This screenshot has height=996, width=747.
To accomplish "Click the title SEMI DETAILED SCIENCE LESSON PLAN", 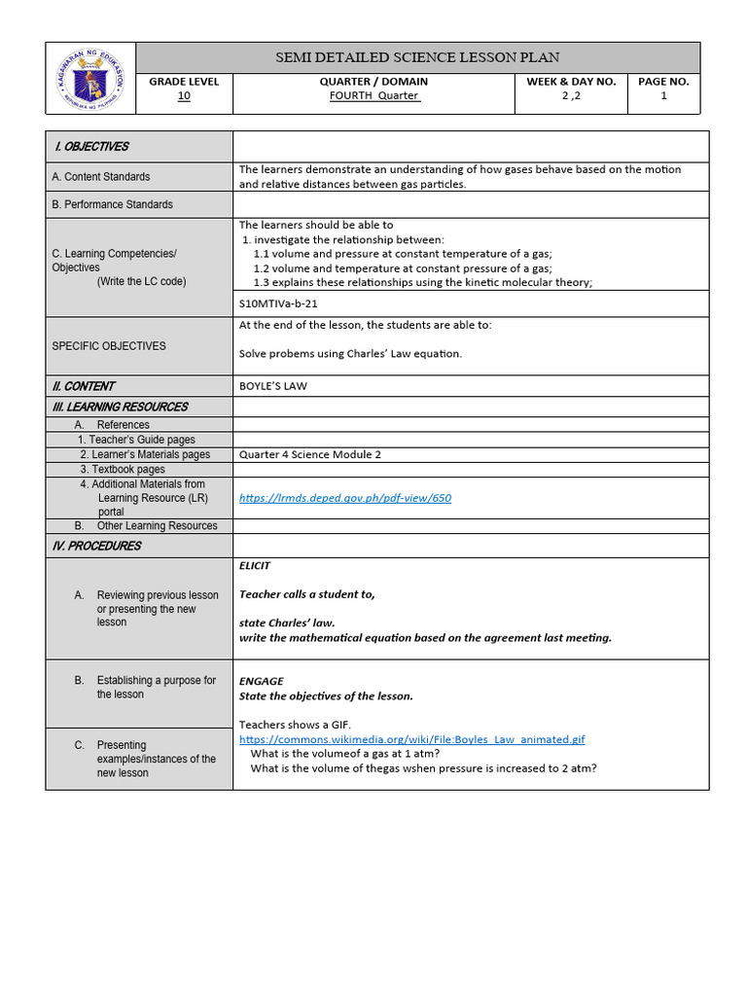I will click(417, 57).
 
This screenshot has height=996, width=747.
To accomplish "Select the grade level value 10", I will click(184, 96).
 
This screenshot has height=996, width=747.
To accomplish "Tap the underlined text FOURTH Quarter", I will click(373, 96).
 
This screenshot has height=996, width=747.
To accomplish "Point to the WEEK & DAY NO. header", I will click(571, 82).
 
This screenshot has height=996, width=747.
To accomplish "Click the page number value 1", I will click(663, 96).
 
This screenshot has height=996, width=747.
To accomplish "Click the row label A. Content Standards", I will click(100, 177).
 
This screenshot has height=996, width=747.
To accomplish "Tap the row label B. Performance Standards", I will click(112, 204).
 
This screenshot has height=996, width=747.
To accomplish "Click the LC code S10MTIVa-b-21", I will click(278, 303).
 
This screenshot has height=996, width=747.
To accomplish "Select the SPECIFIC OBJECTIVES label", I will click(108, 346).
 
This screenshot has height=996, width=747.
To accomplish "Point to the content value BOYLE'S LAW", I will click(272, 386).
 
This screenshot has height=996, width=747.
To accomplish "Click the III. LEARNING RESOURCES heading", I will click(120, 408).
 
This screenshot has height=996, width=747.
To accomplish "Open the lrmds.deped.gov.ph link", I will click(345, 498).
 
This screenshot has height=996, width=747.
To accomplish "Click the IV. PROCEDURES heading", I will click(96, 547).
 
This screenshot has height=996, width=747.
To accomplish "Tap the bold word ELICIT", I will click(255, 565).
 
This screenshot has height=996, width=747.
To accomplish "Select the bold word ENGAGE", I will click(261, 682).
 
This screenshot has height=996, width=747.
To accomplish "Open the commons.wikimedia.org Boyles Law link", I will click(411, 739).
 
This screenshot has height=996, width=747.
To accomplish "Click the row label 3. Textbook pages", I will click(123, 470).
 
